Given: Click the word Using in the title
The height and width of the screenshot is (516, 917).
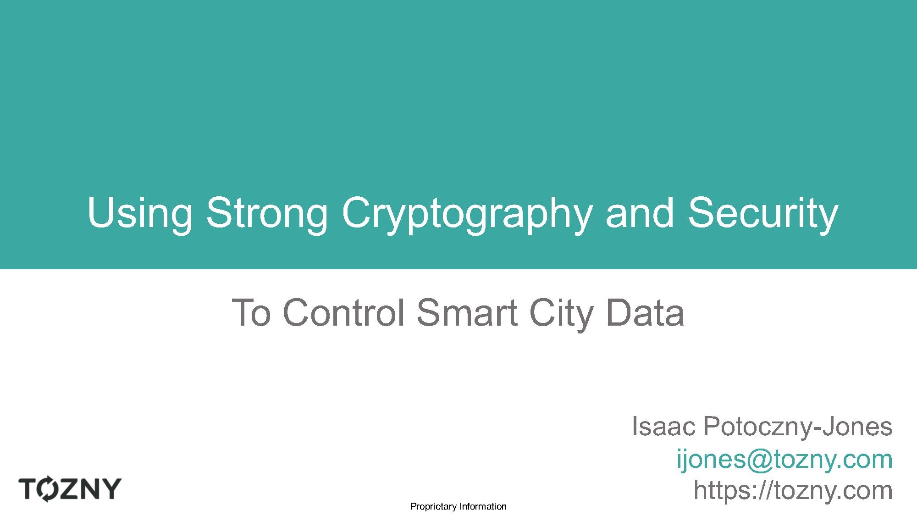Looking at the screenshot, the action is (x=139, y=215).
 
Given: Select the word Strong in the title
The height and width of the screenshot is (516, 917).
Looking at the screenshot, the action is (x=267, y=215).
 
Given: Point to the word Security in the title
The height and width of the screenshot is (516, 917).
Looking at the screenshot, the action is (x=762, y=215).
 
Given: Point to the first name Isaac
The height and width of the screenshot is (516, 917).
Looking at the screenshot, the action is (x=664, y=427).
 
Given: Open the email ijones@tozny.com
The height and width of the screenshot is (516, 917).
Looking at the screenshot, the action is (x=784, y=460).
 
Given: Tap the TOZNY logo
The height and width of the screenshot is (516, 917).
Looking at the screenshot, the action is (x=70, y=489).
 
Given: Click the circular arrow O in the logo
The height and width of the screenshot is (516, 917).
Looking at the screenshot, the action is (x=47, y=489).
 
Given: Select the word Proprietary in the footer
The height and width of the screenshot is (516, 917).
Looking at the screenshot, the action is (x=434, y=507).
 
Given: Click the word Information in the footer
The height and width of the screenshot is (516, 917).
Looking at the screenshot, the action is (x=483, y=506).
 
